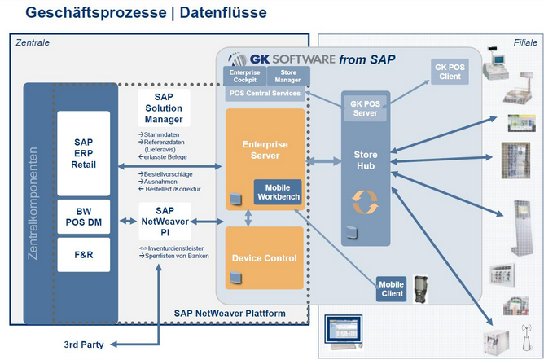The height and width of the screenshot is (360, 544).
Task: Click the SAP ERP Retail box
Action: (x=84, y=152)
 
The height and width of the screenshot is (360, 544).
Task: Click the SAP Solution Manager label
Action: (x=164, y=108)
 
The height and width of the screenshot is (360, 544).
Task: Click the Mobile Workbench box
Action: (x=278, y=192)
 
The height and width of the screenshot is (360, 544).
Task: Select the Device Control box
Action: (x=264, y=258)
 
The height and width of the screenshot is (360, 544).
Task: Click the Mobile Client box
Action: (x=391, y=289)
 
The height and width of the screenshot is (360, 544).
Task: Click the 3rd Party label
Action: (x=84, y=345)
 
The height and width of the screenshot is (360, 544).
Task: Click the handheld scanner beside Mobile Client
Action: (x=421, y=287)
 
